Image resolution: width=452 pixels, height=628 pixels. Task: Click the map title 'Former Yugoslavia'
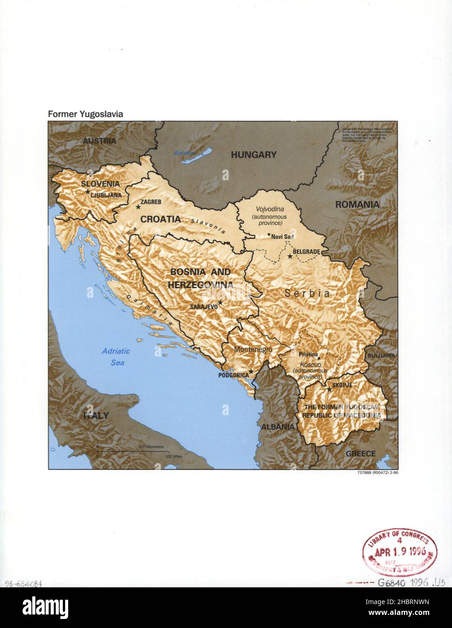click(85, 114)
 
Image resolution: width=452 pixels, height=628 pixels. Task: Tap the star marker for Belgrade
click(290, 256)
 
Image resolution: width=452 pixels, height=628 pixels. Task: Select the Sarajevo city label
click(203, 306)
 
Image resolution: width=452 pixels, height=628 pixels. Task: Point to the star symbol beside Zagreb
click(138, 207)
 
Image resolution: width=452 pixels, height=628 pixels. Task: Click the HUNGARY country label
click(253, 155)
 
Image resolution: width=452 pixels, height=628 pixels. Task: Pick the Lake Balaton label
click(185, 153)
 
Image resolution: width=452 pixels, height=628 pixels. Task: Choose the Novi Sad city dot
click(269, 234)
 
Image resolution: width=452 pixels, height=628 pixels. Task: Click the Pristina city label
click(308, 355)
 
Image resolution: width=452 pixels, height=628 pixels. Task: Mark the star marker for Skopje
click(329, 389)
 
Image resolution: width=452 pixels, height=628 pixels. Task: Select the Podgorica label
click(233, 375)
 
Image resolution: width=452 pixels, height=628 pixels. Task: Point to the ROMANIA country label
click(357, 205)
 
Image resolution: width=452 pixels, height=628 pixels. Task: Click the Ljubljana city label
click(106, 195)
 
